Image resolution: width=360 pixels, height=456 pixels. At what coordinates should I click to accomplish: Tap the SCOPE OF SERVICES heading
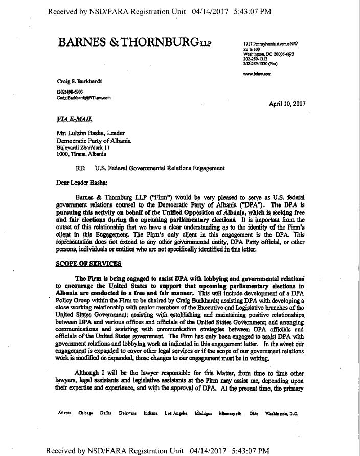pos(89,263)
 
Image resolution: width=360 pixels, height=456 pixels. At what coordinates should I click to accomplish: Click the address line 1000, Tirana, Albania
pos(81,153)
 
